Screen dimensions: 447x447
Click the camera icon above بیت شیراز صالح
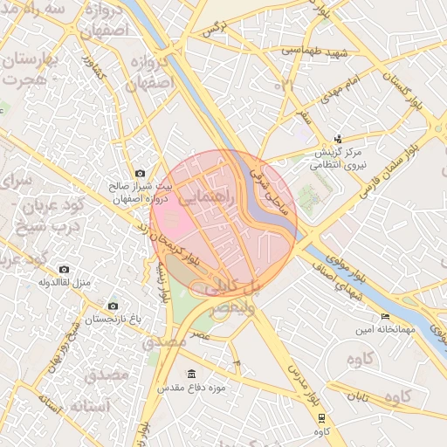pyautogui.click(x=141, y=174)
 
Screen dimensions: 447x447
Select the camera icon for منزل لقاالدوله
pyautogui.click(x=63, y=270)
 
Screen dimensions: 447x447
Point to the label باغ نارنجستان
pyautogui.click(x=112, y=320)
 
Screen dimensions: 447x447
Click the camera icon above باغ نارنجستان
pyautogui.click(x=113, y=306)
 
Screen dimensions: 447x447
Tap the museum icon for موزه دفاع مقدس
pyautogui.click(x=192, y=374)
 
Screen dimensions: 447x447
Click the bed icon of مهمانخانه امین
pyautogui.click(x=385, y=316)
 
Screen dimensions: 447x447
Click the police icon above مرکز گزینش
pyautogui.click(x=339, y=139)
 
